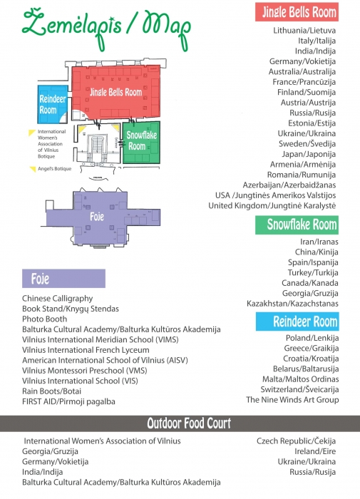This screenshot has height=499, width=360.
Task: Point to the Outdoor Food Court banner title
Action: (x=189, y=423)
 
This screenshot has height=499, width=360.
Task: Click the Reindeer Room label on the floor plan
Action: (x=53, y=104)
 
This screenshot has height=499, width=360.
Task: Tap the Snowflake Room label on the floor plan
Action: (x=142, y=140)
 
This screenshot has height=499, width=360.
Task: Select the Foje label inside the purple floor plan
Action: (x=97, y=217)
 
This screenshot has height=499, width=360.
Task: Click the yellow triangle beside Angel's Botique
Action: (x=33, y=169)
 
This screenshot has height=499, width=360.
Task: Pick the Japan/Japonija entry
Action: (x=309, y=154)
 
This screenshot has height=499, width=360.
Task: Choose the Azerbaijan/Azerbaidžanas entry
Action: (x=289, y=185)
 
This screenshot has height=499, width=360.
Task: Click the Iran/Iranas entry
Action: (x=319, y=242)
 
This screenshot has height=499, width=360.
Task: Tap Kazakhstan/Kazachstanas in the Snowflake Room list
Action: (x=292, y=303)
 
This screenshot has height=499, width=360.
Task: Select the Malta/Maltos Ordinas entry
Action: (x=301, y=379)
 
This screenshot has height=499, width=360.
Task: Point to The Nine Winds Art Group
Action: (x=292, y=400)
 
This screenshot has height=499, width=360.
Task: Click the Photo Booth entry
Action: (x=45, y=319)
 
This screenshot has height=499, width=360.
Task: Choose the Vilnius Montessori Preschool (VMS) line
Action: (x=85, y=371)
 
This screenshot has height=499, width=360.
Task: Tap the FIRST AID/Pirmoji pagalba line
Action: (x=68, y=401)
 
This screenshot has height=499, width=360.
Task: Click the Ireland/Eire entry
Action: (x=315, y=451)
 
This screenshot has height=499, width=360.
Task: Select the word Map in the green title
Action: (x=167, y=29)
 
